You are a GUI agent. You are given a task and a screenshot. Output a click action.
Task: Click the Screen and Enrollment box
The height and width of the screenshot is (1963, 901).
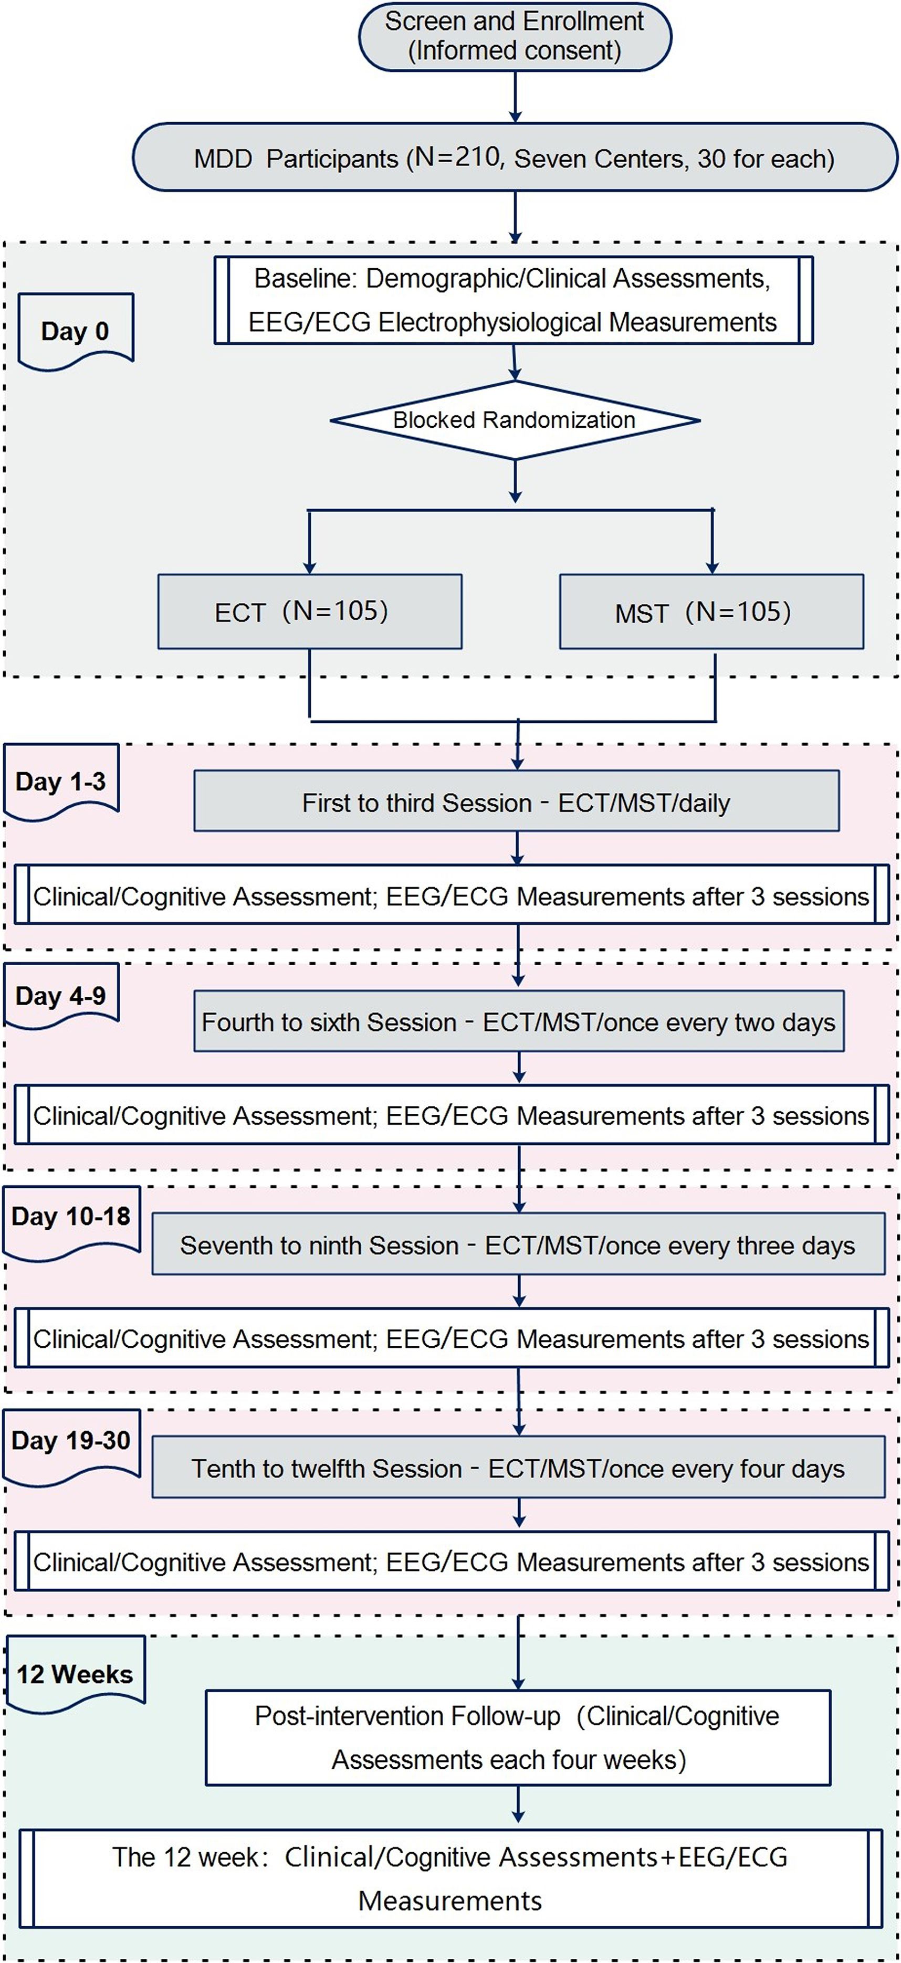515,37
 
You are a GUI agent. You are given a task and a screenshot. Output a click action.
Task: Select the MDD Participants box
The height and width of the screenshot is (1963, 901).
515,158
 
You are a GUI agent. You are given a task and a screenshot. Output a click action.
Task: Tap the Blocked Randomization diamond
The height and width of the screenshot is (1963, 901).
515,420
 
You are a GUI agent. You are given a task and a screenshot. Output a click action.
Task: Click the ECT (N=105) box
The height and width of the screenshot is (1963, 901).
309,611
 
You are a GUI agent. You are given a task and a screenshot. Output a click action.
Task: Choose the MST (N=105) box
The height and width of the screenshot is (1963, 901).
711,611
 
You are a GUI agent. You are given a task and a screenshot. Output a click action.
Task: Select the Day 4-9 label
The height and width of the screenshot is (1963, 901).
61,996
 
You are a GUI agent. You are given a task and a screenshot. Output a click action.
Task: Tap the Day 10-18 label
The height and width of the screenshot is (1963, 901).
71,1216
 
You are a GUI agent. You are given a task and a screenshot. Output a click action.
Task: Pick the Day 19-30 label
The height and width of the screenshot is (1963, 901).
71,1440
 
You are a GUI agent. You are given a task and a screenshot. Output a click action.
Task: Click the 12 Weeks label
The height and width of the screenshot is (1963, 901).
75,1674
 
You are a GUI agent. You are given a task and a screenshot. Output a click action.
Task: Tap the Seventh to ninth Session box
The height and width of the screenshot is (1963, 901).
518,1244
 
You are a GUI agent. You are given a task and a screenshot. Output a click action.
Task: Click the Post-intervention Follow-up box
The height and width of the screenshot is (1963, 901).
518,1738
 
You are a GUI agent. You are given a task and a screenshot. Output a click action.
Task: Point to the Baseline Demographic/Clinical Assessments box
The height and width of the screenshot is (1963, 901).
513,300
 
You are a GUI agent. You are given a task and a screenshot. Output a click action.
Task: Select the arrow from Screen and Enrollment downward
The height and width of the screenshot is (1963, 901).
515,96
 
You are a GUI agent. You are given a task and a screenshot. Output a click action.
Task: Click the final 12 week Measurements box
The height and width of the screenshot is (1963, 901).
450,1879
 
